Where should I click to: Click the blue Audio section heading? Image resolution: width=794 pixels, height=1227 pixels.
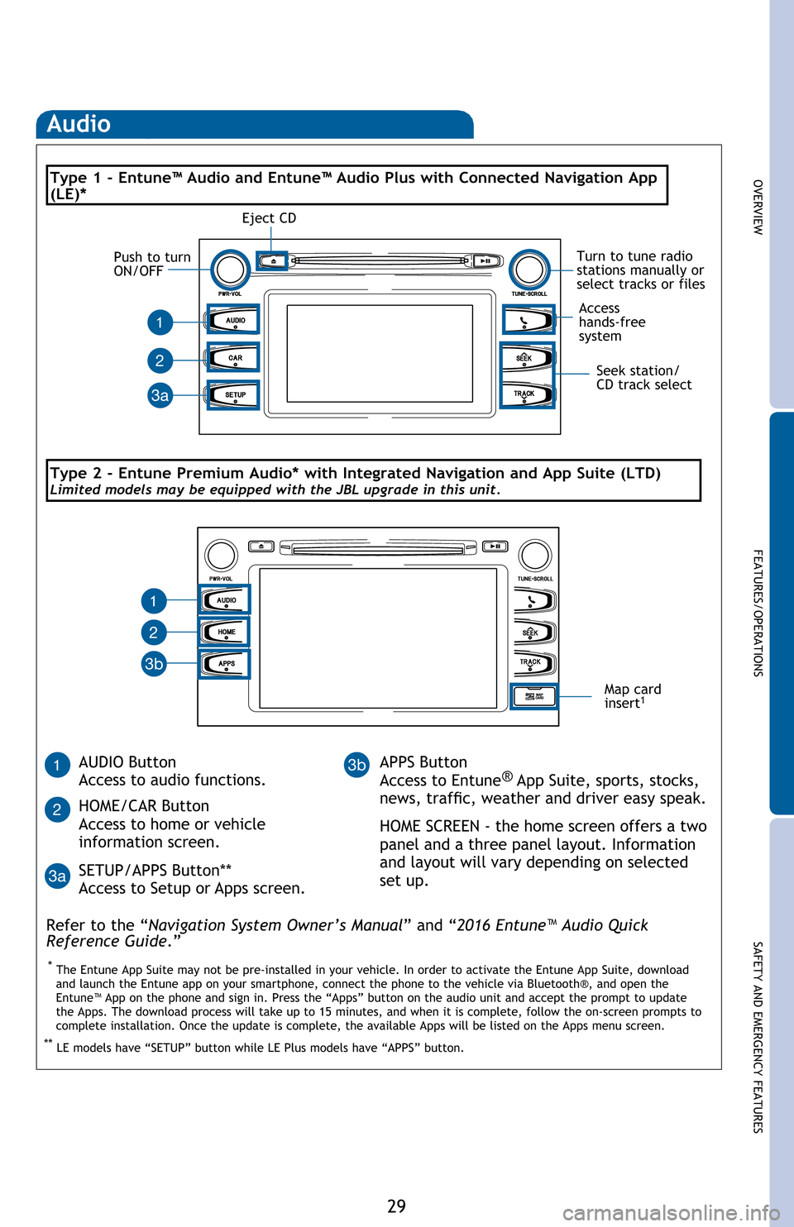tap(79, 124)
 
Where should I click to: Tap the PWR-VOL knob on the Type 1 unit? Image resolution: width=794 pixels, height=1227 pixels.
tap(230, 270)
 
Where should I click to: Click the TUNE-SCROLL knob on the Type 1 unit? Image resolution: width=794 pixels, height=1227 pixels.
tap(529, 270)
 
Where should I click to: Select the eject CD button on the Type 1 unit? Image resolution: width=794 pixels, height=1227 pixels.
tap(273, 260)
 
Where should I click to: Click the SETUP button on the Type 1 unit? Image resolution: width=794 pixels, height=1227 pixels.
tap(234, 395)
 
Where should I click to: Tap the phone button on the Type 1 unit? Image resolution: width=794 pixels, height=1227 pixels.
tap(527, 320)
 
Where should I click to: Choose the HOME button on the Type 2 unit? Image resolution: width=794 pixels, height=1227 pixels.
tap(225, 633)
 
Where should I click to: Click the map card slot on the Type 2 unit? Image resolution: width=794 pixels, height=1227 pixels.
tap(534, 696)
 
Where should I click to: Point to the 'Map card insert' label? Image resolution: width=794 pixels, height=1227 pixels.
tap(632, 696)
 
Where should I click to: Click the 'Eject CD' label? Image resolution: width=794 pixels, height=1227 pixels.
tap(269, 218)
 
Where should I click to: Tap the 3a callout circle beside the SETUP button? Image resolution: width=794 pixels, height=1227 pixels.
tap(160, 395)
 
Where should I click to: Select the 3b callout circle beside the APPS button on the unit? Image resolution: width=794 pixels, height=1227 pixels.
tap(154, 664)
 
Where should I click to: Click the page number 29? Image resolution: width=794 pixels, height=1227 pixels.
tap(397, 1206)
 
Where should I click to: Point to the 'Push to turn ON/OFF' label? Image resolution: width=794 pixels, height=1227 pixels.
tap(152, 264)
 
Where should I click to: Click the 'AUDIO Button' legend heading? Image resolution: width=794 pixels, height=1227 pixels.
tap(127, 762)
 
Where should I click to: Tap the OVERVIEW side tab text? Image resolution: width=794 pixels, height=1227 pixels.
tap(758, 207)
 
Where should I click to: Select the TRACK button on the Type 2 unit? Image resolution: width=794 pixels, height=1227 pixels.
tap(533, 663)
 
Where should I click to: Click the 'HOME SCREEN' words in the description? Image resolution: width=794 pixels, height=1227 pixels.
tap(429, 826)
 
